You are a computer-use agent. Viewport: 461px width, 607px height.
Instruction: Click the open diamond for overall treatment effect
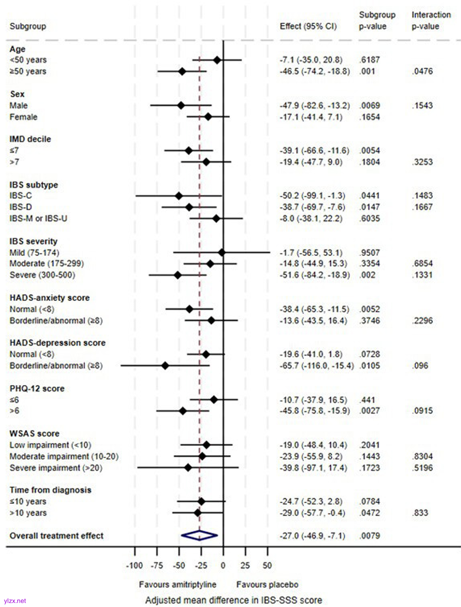(199, 535)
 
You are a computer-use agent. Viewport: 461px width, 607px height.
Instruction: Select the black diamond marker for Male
(181, 105)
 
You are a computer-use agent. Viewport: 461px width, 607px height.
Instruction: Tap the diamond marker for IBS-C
(179, 196)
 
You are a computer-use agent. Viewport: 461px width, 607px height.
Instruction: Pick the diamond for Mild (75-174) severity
(221, 252)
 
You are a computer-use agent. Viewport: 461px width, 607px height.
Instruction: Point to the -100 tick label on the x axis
(134, 566)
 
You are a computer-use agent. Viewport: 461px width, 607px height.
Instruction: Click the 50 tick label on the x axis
(267, 566)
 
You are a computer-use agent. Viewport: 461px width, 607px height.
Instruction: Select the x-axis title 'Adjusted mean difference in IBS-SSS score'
(234, 600)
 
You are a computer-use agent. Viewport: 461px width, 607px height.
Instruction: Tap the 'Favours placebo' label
(267, 584)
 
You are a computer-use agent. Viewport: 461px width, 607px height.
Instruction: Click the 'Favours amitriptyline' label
(178, 584)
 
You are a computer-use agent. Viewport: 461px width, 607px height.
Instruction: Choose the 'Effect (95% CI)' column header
(308, 26)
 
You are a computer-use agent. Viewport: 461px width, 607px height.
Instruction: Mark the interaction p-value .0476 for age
(422, 71)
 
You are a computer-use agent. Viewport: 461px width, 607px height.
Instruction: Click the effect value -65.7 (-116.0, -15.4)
(316, 365)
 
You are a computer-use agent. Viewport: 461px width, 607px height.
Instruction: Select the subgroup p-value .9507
(369, 252)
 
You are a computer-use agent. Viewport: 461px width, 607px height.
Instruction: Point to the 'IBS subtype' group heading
(34, 185)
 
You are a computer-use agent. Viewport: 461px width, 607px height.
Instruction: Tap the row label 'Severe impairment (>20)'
(56, 468)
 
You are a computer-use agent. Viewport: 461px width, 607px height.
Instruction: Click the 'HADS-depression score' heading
(58, 343)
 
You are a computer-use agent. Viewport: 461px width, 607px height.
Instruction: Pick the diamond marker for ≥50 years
(182, 71)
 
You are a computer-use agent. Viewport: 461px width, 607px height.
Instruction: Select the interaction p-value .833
(420, 513)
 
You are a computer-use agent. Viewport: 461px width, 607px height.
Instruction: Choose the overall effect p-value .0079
(369, 536)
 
